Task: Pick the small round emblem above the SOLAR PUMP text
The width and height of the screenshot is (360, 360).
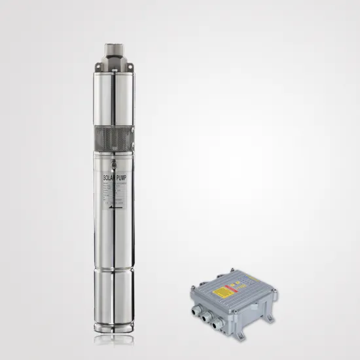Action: coord(115,165)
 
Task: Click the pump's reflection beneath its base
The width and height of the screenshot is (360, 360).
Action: coord(115,341)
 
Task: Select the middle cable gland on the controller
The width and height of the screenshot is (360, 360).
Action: coord(207,317)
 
